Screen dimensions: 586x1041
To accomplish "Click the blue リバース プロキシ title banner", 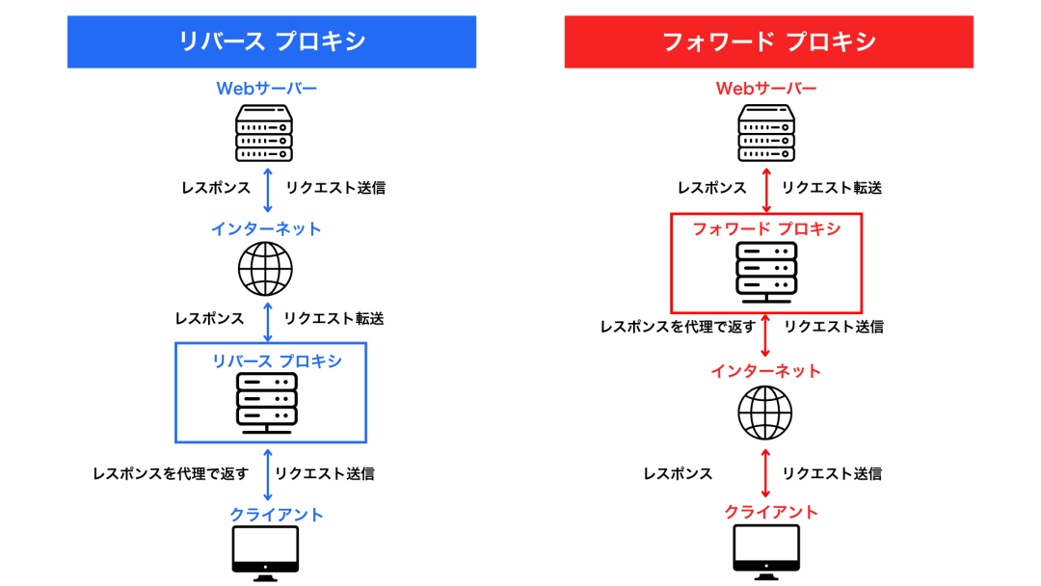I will point(271,41).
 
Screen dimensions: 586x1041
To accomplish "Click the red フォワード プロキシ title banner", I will point(768,41).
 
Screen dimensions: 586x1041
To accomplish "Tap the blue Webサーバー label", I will point(266,89).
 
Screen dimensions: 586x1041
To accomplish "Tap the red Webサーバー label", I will point(766,89).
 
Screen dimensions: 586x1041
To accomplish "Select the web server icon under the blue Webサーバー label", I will point(265,134).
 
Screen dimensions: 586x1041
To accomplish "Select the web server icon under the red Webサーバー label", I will point(766,134).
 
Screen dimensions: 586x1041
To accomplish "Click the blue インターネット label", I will point(266,229).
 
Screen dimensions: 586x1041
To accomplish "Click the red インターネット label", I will point(766,371).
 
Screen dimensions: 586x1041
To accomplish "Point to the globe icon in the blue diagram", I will point(265,268).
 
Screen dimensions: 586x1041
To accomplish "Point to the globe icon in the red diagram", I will point(765,413).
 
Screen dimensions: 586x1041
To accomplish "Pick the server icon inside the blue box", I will point(267,401).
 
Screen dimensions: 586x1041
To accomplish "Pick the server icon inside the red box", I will point(766,270).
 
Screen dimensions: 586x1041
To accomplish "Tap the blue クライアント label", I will point(277,515).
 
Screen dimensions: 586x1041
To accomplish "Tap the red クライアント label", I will point(771,512).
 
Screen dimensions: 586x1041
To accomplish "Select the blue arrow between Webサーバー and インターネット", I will point(268,189).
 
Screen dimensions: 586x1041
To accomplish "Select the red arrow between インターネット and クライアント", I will point(766,473).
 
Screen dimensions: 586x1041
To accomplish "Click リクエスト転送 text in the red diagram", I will point(831,188).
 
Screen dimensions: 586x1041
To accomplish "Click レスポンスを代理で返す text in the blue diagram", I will point(170,473).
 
